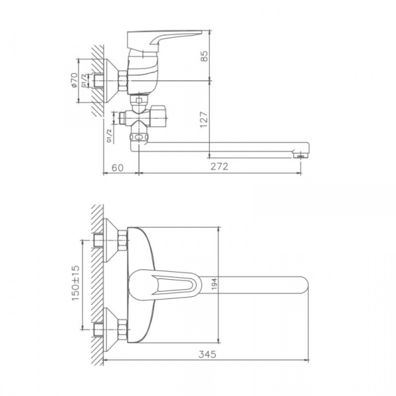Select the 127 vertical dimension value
pos(205,119)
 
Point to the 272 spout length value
pos(219,168)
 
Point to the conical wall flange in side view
pos(113,82)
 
